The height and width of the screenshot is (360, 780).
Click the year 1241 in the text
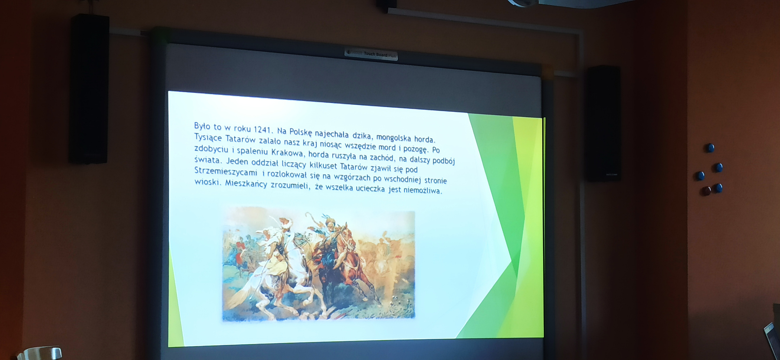[263, 130]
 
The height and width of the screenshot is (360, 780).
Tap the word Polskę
[300, 132]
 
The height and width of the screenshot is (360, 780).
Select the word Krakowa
[288, 152]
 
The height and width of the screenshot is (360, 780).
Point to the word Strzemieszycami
[225, 171]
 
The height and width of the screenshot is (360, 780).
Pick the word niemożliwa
[422, 190]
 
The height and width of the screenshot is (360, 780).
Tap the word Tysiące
[208, 138]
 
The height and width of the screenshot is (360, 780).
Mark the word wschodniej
[403, 179]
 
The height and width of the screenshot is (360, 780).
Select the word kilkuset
[323, 165]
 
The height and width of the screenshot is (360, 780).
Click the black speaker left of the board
[89, 89]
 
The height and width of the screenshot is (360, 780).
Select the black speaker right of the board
[603, 123]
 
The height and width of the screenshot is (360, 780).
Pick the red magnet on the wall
[706, 191]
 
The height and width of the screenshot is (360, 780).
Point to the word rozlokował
[287, 174]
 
